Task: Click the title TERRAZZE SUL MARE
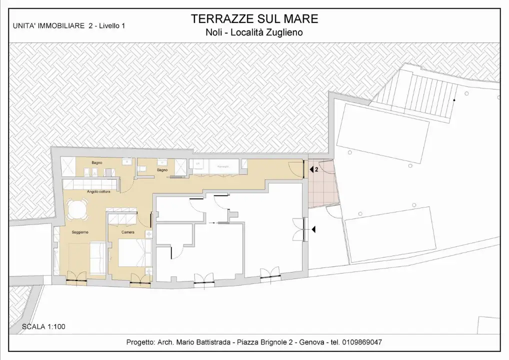pyautogui.click(x=254, y=19)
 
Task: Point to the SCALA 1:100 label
pyautogui.click(x=43, y=327)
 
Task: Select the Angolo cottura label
pyautogui.click(x=98, y=191)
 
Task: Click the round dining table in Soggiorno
pyautogui.click(x=78, y=209)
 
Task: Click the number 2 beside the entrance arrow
pyautogui.click(x=316, y=169)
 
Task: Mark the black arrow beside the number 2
pyautogui.click(x=311, y=169)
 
